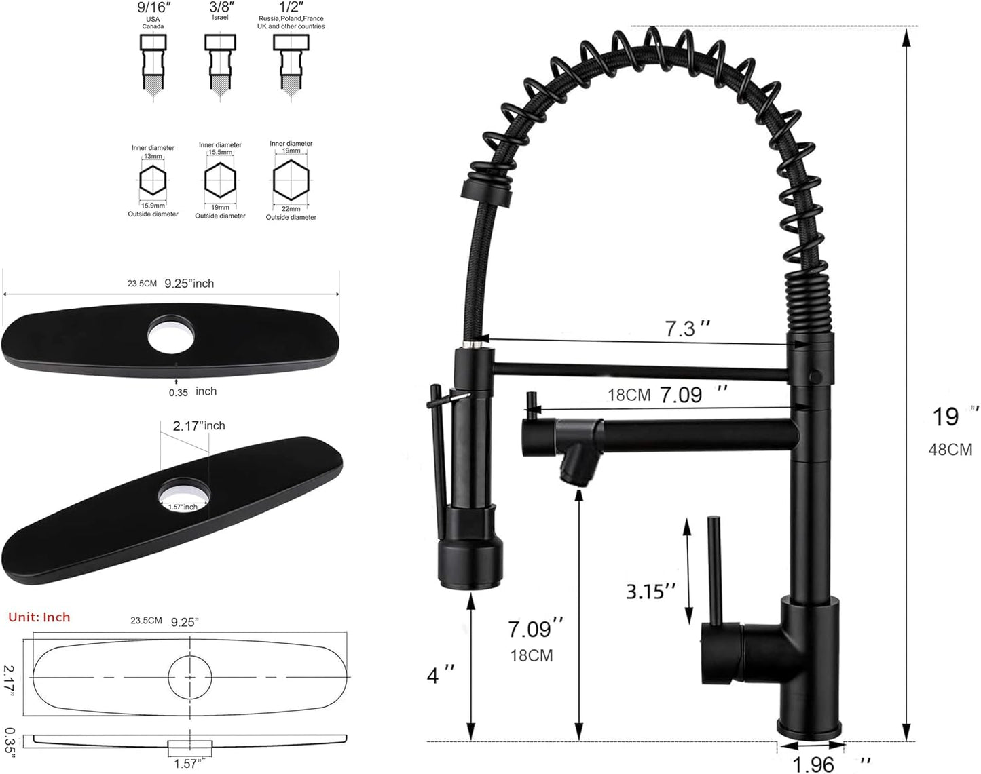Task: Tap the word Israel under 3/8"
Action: [x=220, y=18]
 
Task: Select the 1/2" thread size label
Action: [x=292, y=7]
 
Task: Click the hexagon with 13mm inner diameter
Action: [x=153, y=180]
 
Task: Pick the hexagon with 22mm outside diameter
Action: [x=291, y=180]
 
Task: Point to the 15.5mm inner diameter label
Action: [x=220, y=152]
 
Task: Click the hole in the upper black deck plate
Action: [x=171, y=335]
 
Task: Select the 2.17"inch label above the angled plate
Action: [x=199, y=425]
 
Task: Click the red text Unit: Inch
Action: [x=39, y=617]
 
